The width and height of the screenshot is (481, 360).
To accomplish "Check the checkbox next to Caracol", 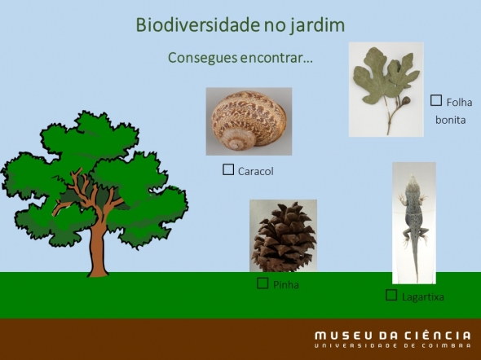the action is click(x=228, y=169).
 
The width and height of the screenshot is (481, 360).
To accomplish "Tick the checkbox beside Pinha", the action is click(x=263, y=283).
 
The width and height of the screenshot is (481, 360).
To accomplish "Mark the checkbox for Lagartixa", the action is click(x=391, y=295).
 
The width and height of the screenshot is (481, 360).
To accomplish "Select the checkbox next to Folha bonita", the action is click(x=436, y=100).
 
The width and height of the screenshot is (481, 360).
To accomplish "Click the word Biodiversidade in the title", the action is click(x=197, y=24).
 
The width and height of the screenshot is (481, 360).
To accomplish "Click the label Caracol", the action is click(x=255, y=171).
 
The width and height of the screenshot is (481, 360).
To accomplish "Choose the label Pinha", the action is click(x=286, y=285).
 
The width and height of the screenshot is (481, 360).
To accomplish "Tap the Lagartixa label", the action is click(x=423, y=297).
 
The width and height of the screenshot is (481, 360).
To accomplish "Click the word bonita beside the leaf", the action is click(x=450, y=120).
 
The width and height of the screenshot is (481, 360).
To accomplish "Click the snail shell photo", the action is click(x=249, y=121).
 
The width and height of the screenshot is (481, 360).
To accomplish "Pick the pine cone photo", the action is click(x=283, y=235).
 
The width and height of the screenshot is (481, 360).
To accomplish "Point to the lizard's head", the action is click(x=413, y=182).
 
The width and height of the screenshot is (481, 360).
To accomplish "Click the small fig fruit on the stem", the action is click(x=405, y=100).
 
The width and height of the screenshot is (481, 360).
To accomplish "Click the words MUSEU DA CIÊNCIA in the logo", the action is click(x=393, y=336).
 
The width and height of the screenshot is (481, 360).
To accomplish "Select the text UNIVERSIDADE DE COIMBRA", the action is click(x=393, y=346).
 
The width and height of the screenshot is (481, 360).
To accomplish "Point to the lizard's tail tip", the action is click(x=417, y=281).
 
